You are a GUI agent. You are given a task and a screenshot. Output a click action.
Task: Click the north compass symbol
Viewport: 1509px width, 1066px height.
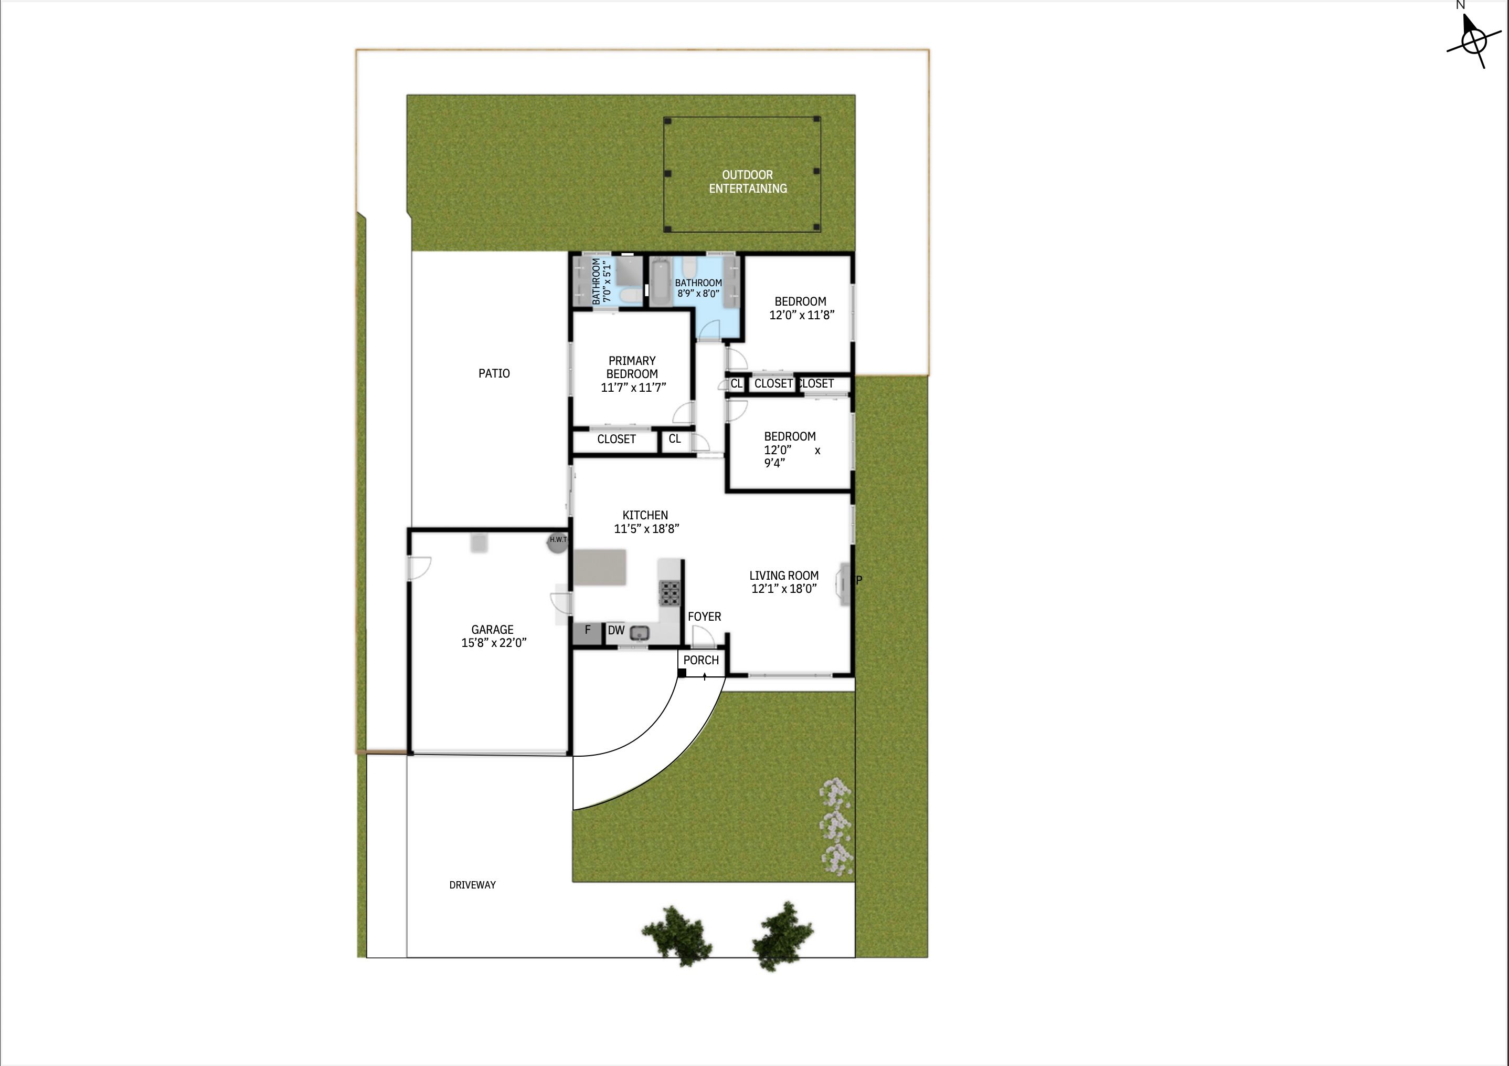click(x=1473, y=41)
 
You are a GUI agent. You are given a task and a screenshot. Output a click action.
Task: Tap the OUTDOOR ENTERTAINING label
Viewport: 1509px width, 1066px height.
click(x=747, y=182)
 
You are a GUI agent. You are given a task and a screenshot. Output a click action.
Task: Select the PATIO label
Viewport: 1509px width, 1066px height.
click(x=494, y=373)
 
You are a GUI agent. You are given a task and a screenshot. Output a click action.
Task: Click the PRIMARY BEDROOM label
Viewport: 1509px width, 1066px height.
click(x=632, y=367)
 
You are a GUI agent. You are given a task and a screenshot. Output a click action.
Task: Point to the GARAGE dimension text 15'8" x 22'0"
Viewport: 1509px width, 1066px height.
click(x=494, y=643)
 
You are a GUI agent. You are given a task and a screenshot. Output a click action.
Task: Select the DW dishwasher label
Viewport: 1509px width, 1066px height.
click(x=616, y=631)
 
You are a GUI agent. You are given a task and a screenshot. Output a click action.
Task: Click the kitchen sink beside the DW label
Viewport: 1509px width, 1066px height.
click(x=640, y=633)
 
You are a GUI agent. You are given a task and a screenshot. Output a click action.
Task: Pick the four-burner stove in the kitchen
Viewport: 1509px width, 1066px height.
click(x=670, y=593)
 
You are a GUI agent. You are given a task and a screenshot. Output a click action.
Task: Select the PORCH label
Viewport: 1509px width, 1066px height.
click(x=700, y=660)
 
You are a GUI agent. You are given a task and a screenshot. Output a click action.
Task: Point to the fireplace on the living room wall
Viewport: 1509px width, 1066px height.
click(x=843, y=583)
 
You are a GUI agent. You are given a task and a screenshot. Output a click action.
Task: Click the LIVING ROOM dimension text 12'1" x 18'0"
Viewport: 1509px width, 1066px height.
click(x=784, y=589)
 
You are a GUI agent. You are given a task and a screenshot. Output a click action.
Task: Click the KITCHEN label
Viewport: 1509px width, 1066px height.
click(x=645, y=516)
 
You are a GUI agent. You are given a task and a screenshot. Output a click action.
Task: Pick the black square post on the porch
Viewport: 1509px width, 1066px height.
click(x=682, y=673)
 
